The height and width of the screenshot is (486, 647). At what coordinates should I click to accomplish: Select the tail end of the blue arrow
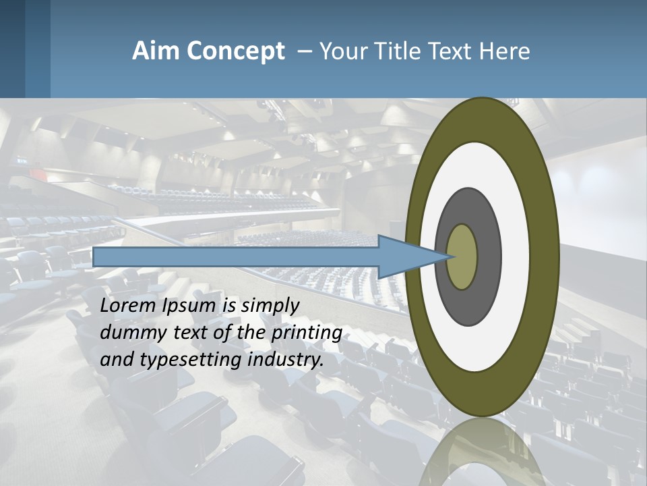pyautogui.click(x=96, y=256)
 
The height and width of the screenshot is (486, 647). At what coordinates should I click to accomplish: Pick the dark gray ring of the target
pyautogui.click(x=488, y=257)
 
